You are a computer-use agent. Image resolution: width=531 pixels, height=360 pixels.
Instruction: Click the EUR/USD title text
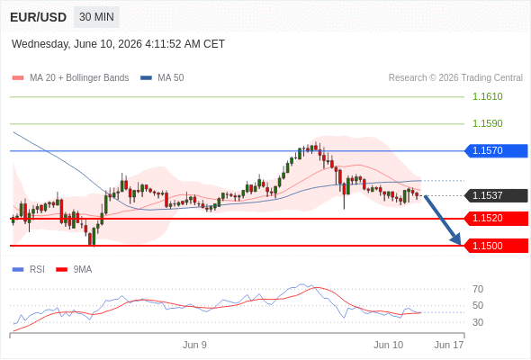pos(39,17)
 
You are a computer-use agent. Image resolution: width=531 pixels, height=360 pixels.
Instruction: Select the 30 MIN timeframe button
pos(96,17)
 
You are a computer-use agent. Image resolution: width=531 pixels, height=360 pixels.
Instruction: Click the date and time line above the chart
pos(118,44)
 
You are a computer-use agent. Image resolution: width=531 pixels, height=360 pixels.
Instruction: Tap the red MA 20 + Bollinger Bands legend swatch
pos(18,78)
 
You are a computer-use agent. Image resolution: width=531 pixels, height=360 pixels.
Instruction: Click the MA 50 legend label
pos(171,78)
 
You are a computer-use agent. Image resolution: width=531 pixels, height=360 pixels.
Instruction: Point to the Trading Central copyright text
pos(455,78)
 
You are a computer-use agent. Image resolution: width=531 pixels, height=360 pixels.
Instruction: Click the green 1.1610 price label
pos(487,97)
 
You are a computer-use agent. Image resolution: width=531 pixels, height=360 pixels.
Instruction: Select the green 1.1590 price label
pos(487,123)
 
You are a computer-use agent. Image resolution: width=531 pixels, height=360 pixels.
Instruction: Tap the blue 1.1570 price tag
pos(496,150)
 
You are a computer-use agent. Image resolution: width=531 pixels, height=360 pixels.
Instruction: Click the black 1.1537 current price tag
pos(496,195)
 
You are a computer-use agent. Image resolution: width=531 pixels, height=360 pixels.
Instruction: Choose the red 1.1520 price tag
pos(496,219)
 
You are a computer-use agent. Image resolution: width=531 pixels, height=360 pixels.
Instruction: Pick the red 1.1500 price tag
pos(496,246)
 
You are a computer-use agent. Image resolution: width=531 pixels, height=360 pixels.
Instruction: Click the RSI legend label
pos(37,270)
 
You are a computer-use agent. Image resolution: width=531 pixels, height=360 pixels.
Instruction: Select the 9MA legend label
pos(83,270)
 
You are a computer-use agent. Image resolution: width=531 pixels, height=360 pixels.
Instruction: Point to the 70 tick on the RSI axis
pos(478,289)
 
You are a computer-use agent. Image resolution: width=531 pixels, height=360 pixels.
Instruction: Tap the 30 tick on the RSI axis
pos(478,322)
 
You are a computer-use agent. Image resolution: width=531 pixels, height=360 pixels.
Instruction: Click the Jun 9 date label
pos(194,345)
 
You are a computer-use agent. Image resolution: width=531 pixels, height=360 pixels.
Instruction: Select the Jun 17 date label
pos(449,345)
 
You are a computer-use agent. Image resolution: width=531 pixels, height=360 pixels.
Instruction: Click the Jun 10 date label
pos(389,345)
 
